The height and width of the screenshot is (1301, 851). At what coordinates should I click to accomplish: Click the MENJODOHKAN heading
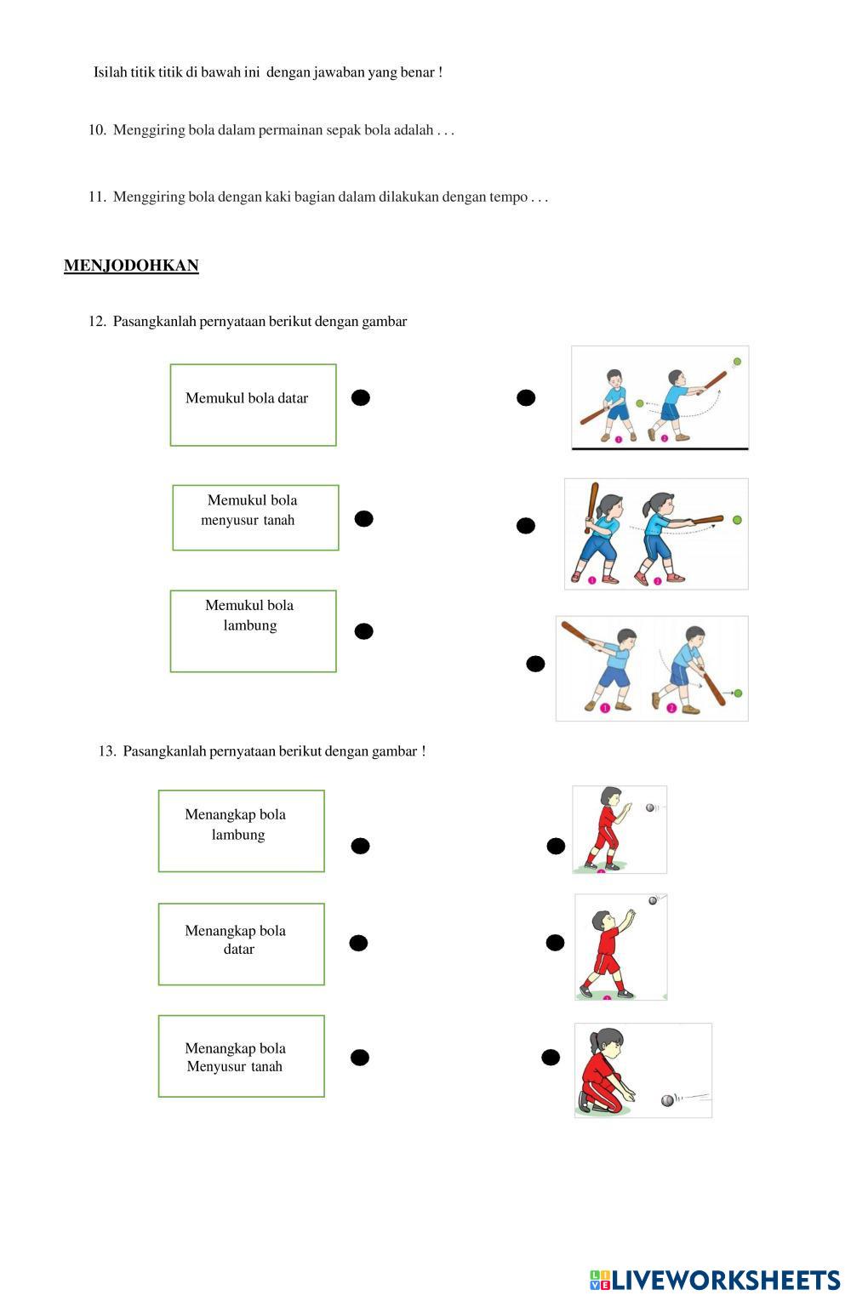click(x=131, y=265)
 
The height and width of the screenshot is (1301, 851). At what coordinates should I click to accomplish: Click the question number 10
click(x=96, y=130)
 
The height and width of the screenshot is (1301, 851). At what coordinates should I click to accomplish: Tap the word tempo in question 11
click(x=508, y=197)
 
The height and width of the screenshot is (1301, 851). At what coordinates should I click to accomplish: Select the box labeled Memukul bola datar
click(x=253, y=405)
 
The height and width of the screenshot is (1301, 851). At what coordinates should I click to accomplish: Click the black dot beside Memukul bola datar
click(x=361, y=397)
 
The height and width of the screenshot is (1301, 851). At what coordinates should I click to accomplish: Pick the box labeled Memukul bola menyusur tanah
click(x=255, y=517)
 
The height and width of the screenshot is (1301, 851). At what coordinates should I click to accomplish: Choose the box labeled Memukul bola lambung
click(x=253, y=631)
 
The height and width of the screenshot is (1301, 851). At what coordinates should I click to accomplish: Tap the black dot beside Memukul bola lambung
click(x=363, y=631)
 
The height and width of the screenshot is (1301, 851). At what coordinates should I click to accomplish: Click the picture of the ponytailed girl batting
click(x=656, y=534)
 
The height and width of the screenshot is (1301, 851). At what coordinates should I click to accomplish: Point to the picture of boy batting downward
click(x=652, y=668)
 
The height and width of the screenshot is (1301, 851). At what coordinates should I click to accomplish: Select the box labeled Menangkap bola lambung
click(x=241, y=830)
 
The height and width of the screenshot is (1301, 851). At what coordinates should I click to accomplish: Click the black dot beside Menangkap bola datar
click(x=358, y=943)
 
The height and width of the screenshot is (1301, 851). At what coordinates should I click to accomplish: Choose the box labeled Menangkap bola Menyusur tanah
click(x=241, y=1055)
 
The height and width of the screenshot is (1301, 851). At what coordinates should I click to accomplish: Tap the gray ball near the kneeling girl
click(x=667, y=1100)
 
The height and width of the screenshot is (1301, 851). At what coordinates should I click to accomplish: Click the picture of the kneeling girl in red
click(x=643, y=1070)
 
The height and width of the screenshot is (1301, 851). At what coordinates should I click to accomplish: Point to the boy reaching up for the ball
click(x=620, y=946)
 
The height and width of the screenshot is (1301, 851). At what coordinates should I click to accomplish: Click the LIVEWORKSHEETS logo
click(x=714, y=1280)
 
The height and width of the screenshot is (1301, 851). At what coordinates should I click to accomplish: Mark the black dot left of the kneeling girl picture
click(x=551, y=1058)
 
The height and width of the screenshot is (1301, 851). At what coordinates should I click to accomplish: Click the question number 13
click(x=107, y=751)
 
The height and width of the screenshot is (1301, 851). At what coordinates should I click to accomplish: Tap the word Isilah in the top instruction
click(x=110, y=72)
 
